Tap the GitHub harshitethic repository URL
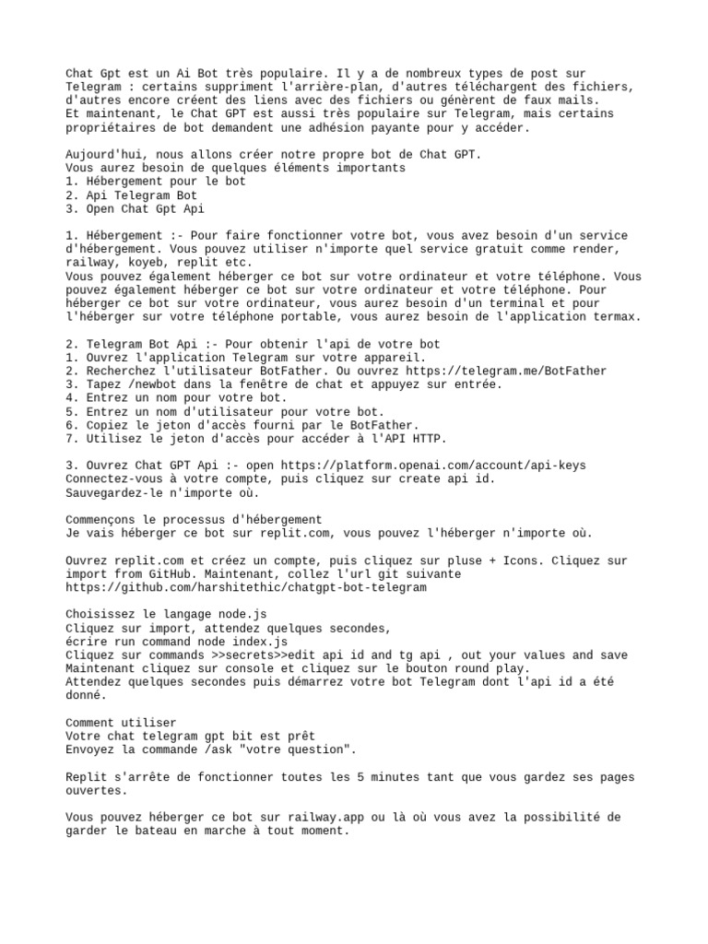pyautogui.click(x=246, y=587)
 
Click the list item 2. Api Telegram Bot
pyautogui.click(x=131, y=195)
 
